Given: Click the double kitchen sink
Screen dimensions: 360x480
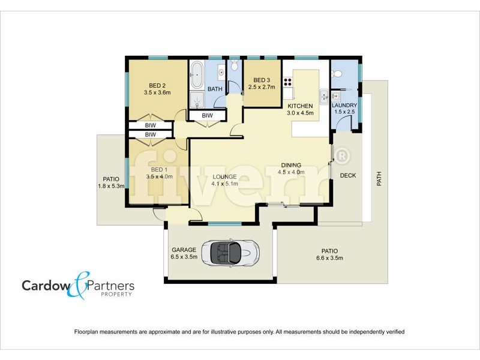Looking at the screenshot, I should click(x=324, y=96).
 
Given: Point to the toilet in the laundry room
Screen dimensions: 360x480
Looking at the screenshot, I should click(x=337, y=74).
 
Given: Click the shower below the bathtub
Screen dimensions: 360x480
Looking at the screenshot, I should click(x=197, y=99).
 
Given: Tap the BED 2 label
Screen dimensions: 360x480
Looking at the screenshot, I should click(x=157, y=85).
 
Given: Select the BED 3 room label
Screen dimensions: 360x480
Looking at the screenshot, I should click(x=262, y=80).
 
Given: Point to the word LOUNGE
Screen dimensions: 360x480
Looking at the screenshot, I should click(x=224, y=176).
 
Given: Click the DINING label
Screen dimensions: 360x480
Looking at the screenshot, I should click(x=289, y=165).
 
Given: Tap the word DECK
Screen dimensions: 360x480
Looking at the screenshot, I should click(x=349, y=176).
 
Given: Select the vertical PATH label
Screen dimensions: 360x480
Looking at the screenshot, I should click(x=379, y=179).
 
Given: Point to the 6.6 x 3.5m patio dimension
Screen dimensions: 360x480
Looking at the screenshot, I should click(x=329, y=258).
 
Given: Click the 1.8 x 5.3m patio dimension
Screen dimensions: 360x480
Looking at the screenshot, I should click(x=111, y=186).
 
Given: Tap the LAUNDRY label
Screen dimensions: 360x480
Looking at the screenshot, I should click(x=344, y=105).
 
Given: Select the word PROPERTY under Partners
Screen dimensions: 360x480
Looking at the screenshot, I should click(x=117, y=295).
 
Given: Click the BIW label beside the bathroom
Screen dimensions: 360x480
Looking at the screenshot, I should click(x=207, y=115).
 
